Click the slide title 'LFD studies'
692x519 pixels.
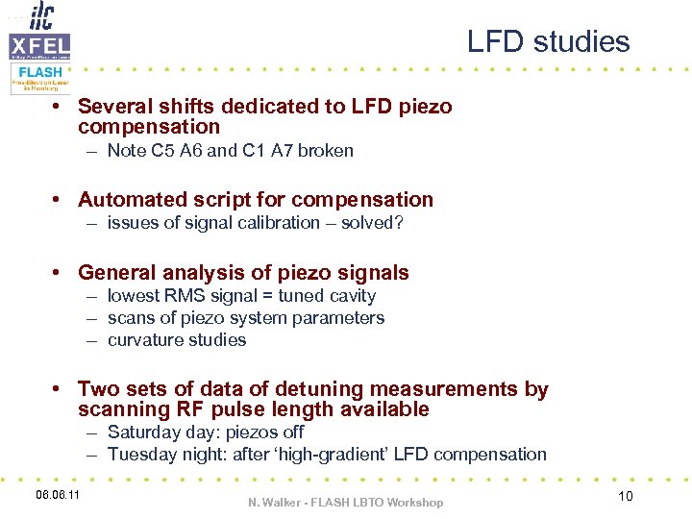pyautogui.click(x=548, y=42)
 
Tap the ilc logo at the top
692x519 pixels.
pyautogui.click(x=42, y=16)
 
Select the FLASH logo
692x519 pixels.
pyautogui.click(x=39, y=77)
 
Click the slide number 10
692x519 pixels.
pyautogui.click(x=625, y=495)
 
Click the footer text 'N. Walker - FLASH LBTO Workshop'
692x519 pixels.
pyautogui.click(x=345, y=502)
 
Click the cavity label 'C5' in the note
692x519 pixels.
pyautogui.click(x=161, y=151)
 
